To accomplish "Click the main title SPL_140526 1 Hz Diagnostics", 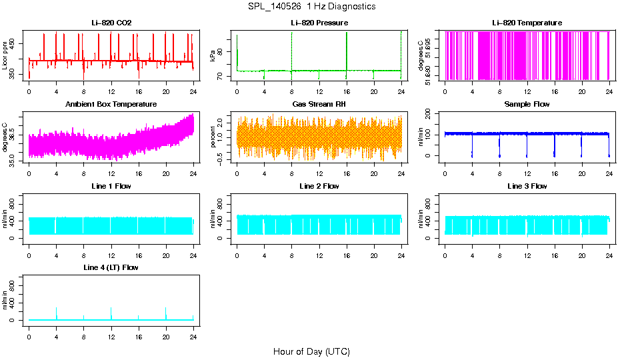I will click(311, 7).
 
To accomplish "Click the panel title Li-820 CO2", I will click(111, 23).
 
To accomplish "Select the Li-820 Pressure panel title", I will click(319, 23).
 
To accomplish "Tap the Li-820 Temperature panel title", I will click(527, 23).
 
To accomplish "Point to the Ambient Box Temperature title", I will click(111, 105).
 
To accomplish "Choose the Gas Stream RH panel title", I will click(319, 105).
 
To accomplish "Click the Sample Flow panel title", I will click(527, 105).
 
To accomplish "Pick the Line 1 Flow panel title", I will click(111, 186).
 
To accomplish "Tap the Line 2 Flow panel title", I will click(319, 186).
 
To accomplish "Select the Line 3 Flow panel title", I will click(527, 186).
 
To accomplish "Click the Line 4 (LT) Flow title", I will click(111, 267).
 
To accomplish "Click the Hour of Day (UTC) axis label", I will click(311, 351).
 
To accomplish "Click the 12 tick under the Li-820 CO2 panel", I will click(111, 91).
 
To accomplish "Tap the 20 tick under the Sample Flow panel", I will click(581, 173).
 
